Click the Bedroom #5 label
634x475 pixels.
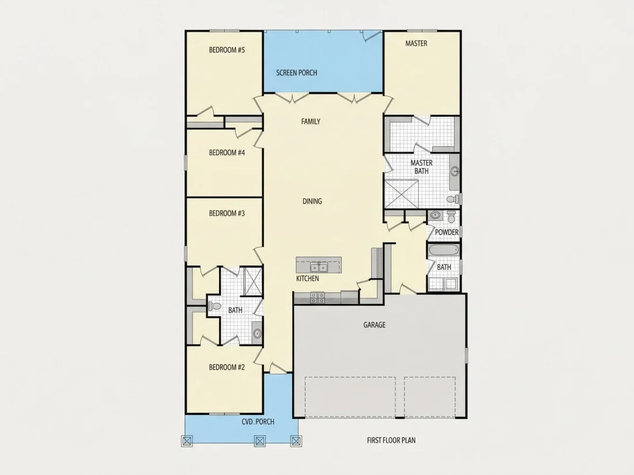point(227,50)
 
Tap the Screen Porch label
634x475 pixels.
point(296,73)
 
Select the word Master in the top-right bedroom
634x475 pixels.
point(416,43)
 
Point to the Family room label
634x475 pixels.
point(311,121)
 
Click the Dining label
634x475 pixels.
point(312,201)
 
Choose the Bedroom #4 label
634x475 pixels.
point(227,153)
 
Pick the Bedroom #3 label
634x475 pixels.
point(227,213)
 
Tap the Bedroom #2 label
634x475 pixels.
point(227,367)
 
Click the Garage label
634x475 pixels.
point(375,325)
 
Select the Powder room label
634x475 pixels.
point(447,232)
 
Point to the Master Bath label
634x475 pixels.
point(421,167)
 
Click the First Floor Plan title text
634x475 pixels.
point(391,440)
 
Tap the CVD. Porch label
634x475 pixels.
point(258,421)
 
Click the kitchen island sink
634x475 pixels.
point(319,267)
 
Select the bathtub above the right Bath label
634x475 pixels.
point(444,250)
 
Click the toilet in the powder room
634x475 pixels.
point(452,216)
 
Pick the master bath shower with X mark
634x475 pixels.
point(401,194)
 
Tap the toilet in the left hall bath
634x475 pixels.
point(215,306)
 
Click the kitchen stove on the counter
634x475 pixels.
point(318,298)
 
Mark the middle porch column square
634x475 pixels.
point(259,440)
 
